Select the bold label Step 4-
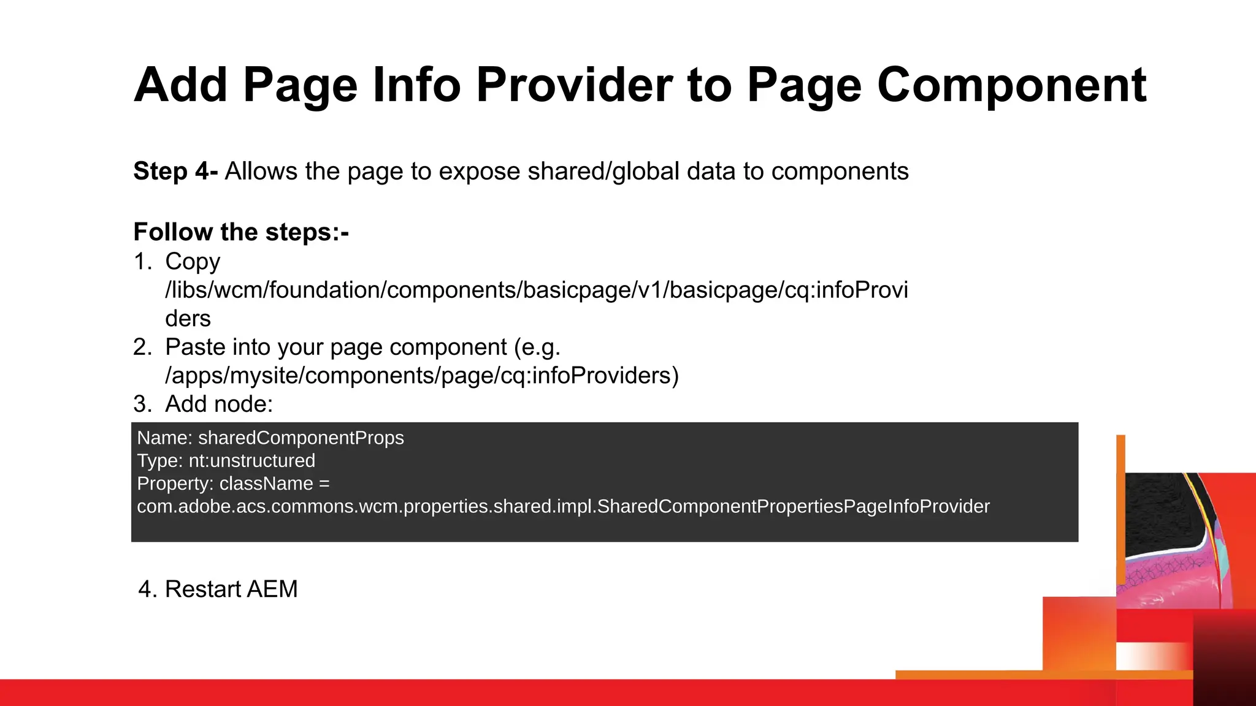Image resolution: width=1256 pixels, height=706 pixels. click(175, 171)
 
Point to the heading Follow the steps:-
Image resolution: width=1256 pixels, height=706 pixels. click(241, 232)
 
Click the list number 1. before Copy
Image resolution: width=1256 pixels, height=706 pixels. click(143, 262)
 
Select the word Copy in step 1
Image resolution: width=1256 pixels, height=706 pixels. click(193, 262)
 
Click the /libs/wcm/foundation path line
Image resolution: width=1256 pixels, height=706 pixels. click(537, 290)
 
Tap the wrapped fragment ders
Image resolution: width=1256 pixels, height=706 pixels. click(188, 319)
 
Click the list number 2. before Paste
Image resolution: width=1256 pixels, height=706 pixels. click(143, 347)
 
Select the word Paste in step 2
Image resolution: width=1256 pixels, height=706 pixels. click(194, 347)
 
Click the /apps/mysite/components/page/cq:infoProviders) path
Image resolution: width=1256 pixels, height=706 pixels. click(422, 376)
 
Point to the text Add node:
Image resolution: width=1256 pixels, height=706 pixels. click(219, 404)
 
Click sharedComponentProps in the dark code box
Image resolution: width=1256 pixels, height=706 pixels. click(301, 438)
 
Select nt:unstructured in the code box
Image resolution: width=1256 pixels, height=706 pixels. click(252, 461)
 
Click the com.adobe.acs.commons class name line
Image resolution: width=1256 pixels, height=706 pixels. click(563, 507)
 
